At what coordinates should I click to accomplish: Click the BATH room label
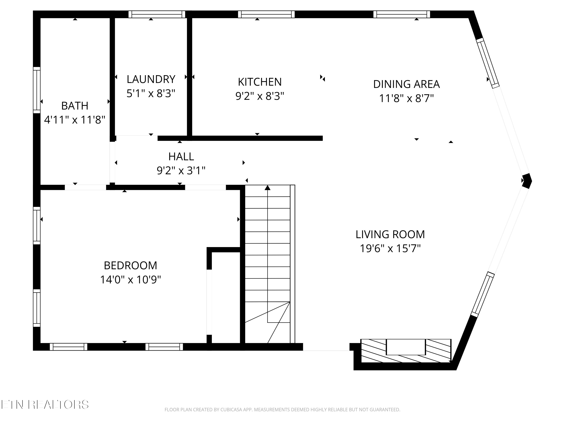(x=75, y=106)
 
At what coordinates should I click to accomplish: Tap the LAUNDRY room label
(x=151, y=79)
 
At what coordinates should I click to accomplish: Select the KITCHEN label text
(x=260, y=82)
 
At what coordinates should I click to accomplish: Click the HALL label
(x=181, y=156)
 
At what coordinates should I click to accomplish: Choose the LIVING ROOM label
(x=390, y=234)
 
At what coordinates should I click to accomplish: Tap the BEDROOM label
(x=130, y=266)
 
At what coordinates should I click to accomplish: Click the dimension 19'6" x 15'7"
(x=390, y=248)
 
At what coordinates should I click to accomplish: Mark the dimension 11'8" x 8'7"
(x=406, y=98)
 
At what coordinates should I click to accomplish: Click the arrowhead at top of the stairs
(x=267, y=188)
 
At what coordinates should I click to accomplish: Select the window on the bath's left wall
(x=37, y=90)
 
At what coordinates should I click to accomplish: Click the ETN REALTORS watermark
(x=45, y=405)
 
